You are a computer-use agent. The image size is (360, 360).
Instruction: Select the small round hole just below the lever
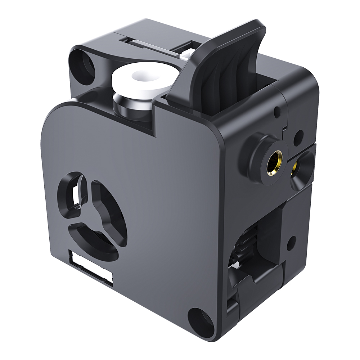(278, 111)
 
